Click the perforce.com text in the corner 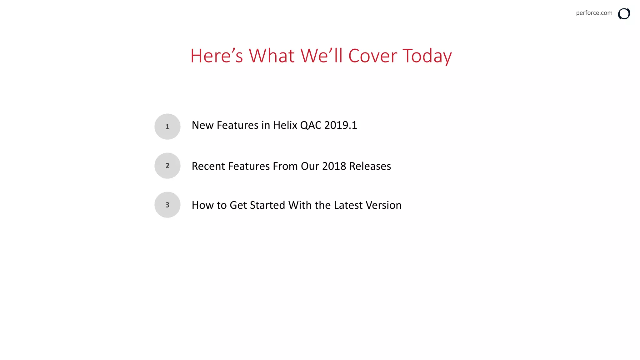coord(594,13)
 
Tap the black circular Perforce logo coord(624,14)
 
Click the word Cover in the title coord(372,56)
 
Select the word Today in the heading coord(427,56)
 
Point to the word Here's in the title coord(216,56)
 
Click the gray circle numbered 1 coord(167,127)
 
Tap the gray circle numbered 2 coord(167,166)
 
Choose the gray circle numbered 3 coord(167,205)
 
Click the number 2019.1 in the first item coord(341,125)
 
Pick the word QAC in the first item coord(311,125)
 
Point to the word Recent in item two coord(208,166)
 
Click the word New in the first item coord(202,125)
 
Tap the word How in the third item coord(202,205)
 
